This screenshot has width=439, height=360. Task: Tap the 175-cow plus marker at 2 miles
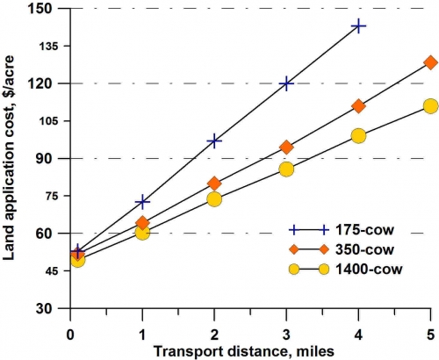pos(214,140)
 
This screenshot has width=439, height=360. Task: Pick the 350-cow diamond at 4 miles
pos(358,106)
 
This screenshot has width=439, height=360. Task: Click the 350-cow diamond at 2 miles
pos(214,184)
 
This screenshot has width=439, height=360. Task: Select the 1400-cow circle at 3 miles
pos(286,169)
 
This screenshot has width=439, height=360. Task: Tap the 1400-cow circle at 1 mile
pos(142,232)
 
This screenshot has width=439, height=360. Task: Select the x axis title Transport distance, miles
pos(250,349)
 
